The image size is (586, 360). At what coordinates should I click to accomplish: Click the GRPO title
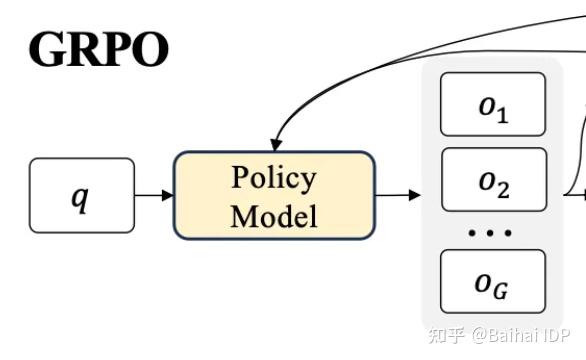tap(98, 49)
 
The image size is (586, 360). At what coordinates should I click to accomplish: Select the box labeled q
tap(81, 194)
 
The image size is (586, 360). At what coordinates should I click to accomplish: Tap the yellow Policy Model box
tap(274, 195)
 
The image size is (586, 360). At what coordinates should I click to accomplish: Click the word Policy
tap(274, 178)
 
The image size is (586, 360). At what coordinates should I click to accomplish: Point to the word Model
tap(274, 214)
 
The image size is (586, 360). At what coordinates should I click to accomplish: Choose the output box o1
tap(493, 106)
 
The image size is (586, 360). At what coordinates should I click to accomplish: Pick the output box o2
tap(493, 181)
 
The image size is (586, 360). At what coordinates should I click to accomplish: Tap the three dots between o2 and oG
tap(492, 232)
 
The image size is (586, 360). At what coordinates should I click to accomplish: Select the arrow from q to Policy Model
tap(154, 194)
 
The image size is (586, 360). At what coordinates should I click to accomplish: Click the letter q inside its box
tap(80, 196)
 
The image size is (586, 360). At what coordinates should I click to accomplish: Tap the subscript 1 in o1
tap(502, 113)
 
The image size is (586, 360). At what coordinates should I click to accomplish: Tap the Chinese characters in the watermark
tap(443, 336)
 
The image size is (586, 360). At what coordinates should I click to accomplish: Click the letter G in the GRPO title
tap(48, 49)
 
